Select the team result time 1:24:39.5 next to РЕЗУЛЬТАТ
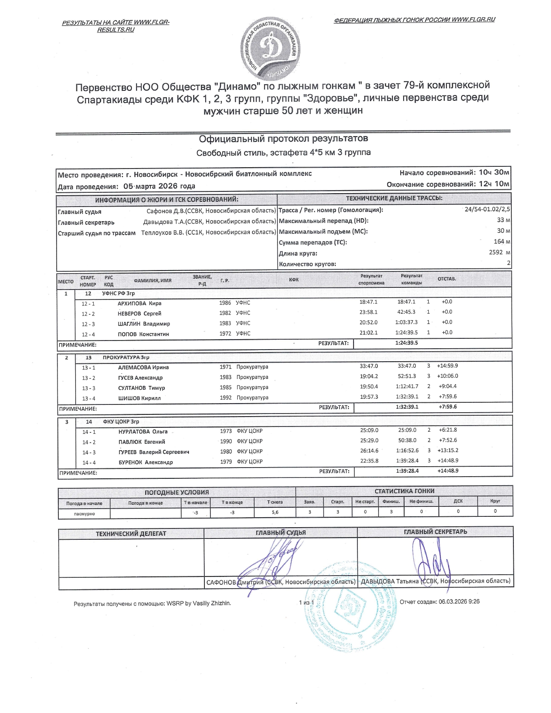tap(406, 343)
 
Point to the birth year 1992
tap(226, 398)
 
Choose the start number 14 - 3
tap(89, 452)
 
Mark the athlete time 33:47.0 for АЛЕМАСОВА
tap(369, 366)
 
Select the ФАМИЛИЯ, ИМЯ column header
tap(153, 280)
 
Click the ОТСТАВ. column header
tap(447, 279)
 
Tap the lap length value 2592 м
tap(499, 252)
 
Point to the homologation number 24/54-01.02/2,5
tap(487, 209)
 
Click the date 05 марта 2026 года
tap(159, 186)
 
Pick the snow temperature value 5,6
tap(275, 512)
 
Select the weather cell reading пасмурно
tap(84, 514)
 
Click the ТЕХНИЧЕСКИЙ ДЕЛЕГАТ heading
tap(131, 534)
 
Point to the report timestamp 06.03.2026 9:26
tap(459, 602)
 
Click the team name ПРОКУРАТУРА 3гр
tap(126, 358)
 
